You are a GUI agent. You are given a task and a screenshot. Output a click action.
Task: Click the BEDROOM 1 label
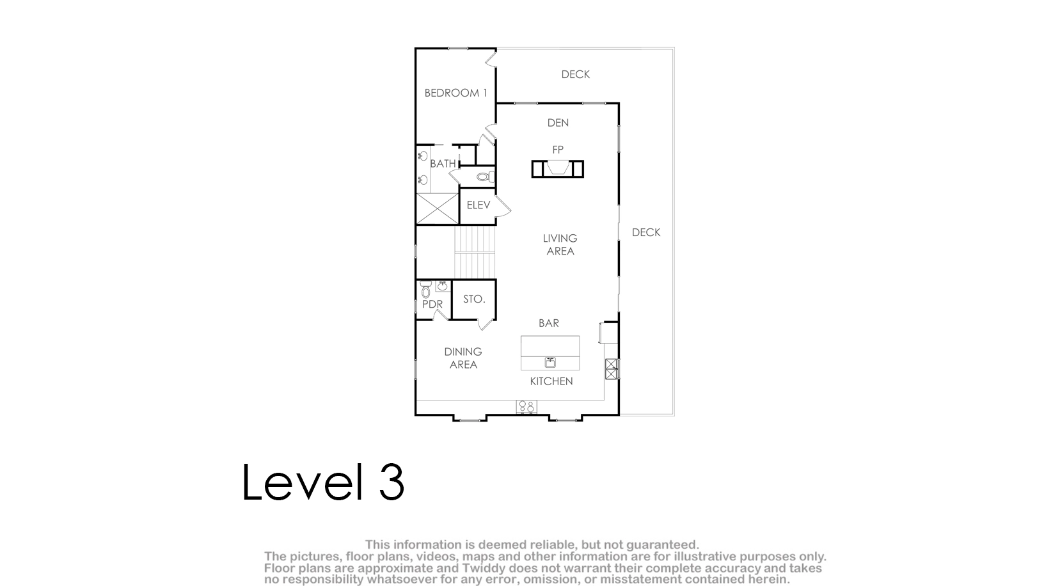pos(456,93)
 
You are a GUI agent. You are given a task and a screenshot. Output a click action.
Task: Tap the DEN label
pos(558,123)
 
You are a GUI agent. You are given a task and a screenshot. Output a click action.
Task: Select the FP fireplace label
pos(558,150)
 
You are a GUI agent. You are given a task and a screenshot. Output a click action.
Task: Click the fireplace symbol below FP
pos(557,168)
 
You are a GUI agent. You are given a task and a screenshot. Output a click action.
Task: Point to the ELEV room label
pos(478,205)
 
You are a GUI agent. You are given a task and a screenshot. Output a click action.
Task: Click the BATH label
pos(443,164)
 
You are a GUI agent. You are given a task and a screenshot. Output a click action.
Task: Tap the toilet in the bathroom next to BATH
pos(485,177)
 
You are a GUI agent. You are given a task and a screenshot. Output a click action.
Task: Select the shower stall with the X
pos(437,209)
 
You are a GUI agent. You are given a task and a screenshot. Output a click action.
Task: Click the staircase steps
pos(475,252)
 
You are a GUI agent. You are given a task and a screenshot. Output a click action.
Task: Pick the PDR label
pos(432,304)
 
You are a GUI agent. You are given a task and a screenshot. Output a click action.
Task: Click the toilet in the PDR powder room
pos(425,290)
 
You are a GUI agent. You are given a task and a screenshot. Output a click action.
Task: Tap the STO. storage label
pos(474,299)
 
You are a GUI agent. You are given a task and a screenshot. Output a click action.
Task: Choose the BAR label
pos(549,323)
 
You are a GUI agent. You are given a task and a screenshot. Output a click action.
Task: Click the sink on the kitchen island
pos(550,362)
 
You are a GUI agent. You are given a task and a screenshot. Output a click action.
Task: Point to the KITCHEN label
pos(551,381)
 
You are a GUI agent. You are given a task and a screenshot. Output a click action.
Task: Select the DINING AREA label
pos(463,358)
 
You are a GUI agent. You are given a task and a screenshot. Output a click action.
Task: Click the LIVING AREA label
pos(560,245)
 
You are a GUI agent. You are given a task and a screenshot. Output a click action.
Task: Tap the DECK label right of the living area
pos(646,232)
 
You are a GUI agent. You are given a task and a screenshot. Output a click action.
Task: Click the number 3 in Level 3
pos(391,482)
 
